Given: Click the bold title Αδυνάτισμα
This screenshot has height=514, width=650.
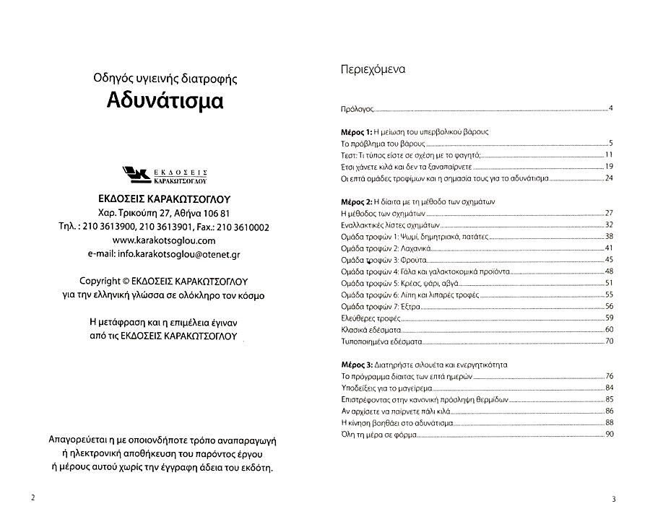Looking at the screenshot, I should point(165,100).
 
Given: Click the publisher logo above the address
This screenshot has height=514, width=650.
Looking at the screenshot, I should point(165,175).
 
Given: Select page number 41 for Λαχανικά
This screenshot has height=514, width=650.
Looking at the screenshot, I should point(608,248).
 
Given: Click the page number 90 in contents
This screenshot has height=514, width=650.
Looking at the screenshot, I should point(608,433).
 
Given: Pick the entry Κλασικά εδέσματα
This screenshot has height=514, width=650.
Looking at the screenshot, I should point(367,329).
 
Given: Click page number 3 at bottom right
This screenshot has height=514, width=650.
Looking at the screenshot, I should point(612,499).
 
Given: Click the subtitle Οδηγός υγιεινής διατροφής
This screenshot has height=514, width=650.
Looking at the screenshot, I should point(165,77).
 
